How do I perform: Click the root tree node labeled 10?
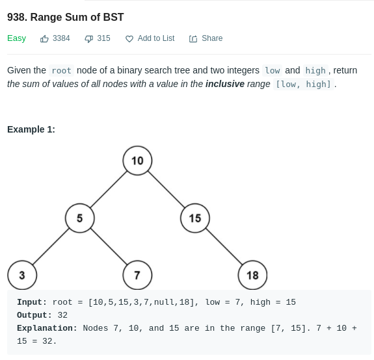[137, 161]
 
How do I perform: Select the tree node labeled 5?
[79, 218]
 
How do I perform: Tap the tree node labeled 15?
[195, 218]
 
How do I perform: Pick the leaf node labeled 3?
[22, 275]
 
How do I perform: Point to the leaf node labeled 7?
[137, 275]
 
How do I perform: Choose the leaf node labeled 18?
[252, 275]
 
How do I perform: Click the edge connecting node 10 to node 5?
[109, 189]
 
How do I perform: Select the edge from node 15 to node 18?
[224, 246]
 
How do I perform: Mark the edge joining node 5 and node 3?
[51, 246]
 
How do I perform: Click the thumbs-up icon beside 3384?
[44, 38]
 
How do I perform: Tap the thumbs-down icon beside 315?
[88, 39]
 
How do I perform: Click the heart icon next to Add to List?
[129, 39]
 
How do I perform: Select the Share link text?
[212, 38]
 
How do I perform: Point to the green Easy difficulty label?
[16, 38]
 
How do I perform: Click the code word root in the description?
[62, 71]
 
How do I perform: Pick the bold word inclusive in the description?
[225, 84]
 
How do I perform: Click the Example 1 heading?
[31, 129]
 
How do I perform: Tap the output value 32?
[62, 315]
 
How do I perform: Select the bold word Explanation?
[47, 328]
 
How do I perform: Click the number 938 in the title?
[17, 17]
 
